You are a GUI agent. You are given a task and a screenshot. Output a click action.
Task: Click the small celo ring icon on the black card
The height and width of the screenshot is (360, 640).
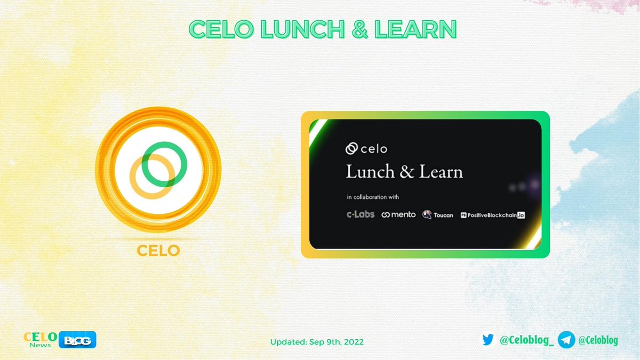pos(352,149)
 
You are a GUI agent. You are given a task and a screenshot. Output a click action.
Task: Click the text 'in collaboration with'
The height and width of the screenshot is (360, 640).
pos(373,197)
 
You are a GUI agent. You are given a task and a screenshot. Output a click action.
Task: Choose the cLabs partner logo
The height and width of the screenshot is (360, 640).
pos(360,214)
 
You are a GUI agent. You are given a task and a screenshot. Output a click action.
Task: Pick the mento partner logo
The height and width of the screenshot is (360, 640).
pos(398,214)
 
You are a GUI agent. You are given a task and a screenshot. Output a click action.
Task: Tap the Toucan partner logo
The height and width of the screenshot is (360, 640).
pos(438,214)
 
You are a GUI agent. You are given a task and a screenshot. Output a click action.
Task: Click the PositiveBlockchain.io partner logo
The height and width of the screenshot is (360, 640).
pos(493,215)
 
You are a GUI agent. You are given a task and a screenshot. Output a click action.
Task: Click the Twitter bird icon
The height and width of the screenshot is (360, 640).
pos(487,340)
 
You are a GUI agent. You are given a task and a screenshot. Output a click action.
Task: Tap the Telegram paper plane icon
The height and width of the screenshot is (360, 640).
pos(566,340)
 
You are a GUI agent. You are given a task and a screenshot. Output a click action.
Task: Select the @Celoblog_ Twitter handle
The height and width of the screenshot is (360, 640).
pos(525,340)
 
